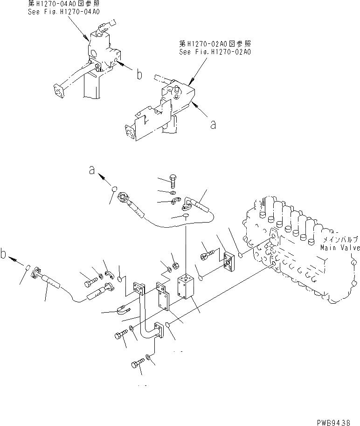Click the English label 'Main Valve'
click(340, 248)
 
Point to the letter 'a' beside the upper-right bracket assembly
click(213, 124)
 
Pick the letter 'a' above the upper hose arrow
click(93, 171)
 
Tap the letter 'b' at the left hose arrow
click(4, 256)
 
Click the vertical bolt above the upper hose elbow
click(173, 181)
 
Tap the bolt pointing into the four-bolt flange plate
click(208, 255)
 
